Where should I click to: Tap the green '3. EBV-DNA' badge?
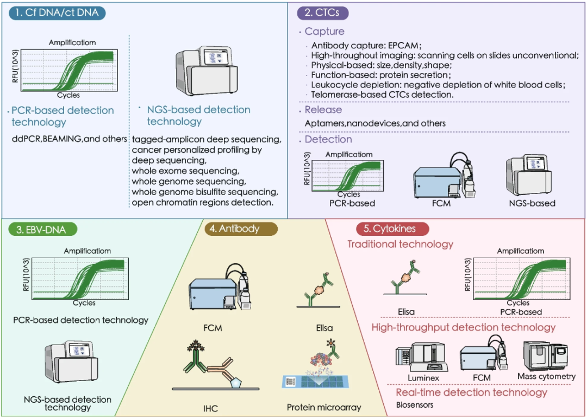click(41, 229)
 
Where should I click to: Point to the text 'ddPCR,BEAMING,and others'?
click(70, 139)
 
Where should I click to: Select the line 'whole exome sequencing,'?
click(183, 171)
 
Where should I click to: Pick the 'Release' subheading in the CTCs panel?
click(323, 110)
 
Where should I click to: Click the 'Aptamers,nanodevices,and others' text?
click(375, 123)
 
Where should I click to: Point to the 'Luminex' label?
click(423, 377)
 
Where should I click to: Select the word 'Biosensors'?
click(415, 404)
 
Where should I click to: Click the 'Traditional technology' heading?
click(400, 244)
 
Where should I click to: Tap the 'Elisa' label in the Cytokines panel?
click(406, 312)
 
